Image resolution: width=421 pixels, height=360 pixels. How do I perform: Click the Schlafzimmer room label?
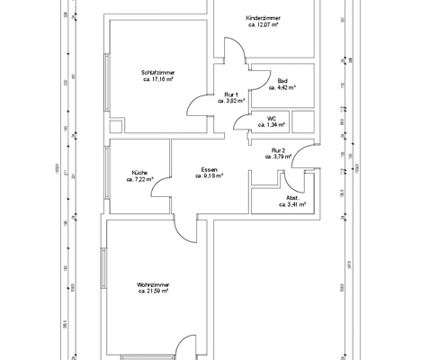coord(157,73)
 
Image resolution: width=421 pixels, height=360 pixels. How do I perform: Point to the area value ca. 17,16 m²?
coord(157,80)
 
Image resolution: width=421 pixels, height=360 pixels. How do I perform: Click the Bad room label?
coord(282,81)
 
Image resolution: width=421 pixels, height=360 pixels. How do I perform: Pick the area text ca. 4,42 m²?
coord(282,88)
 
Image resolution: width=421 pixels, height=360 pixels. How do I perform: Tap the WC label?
coord(272,117)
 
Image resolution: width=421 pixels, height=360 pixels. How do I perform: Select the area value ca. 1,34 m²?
coord(272,124)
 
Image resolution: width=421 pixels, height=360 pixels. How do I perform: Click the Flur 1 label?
coord(231,94)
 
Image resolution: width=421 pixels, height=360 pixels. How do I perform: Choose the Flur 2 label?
coord(279,150)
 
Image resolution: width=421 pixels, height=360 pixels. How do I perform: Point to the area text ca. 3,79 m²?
coord(279,157)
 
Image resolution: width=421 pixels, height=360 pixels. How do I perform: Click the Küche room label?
coord(139,172)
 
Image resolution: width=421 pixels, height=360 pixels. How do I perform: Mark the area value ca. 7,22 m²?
coord(139,179)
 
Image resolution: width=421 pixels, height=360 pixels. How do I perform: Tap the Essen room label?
coord(208,169)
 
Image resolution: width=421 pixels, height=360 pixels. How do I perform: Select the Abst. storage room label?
coord(293,197)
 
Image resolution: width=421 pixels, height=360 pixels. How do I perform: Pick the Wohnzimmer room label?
coord(154,283)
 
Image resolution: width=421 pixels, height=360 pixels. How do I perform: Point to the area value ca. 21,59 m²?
coord(154,291)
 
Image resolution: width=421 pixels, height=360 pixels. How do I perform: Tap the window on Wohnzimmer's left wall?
coord(104,265)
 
